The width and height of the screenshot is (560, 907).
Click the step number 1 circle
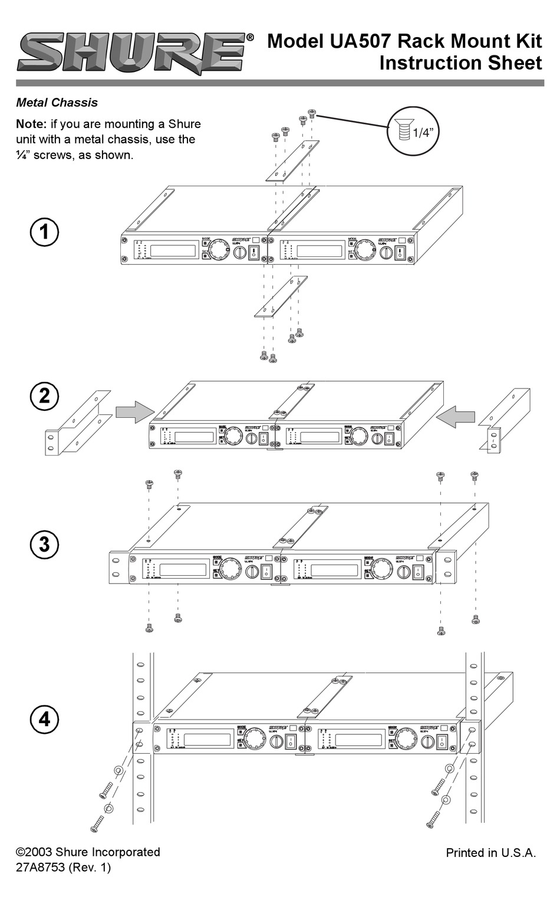click(x=44, y=232)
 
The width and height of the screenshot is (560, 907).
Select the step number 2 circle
click(x=44, y=395)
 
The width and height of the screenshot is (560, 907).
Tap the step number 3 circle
click(x=44, y=544)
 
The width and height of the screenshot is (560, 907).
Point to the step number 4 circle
click(x=44, y=719)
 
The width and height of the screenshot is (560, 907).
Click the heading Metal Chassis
click(x=57, y=103)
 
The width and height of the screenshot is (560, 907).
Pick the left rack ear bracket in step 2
click(x=77, y=423)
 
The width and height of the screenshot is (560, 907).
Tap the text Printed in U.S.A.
click(x=490, y=853)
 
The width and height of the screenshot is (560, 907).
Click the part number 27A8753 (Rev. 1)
click(x=63, y=868)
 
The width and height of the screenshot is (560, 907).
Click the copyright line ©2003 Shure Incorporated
click(x=88, y=852)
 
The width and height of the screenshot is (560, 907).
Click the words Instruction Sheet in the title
click(x=460, y=62)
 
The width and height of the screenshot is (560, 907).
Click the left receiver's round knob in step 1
click(x=219, y=248)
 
